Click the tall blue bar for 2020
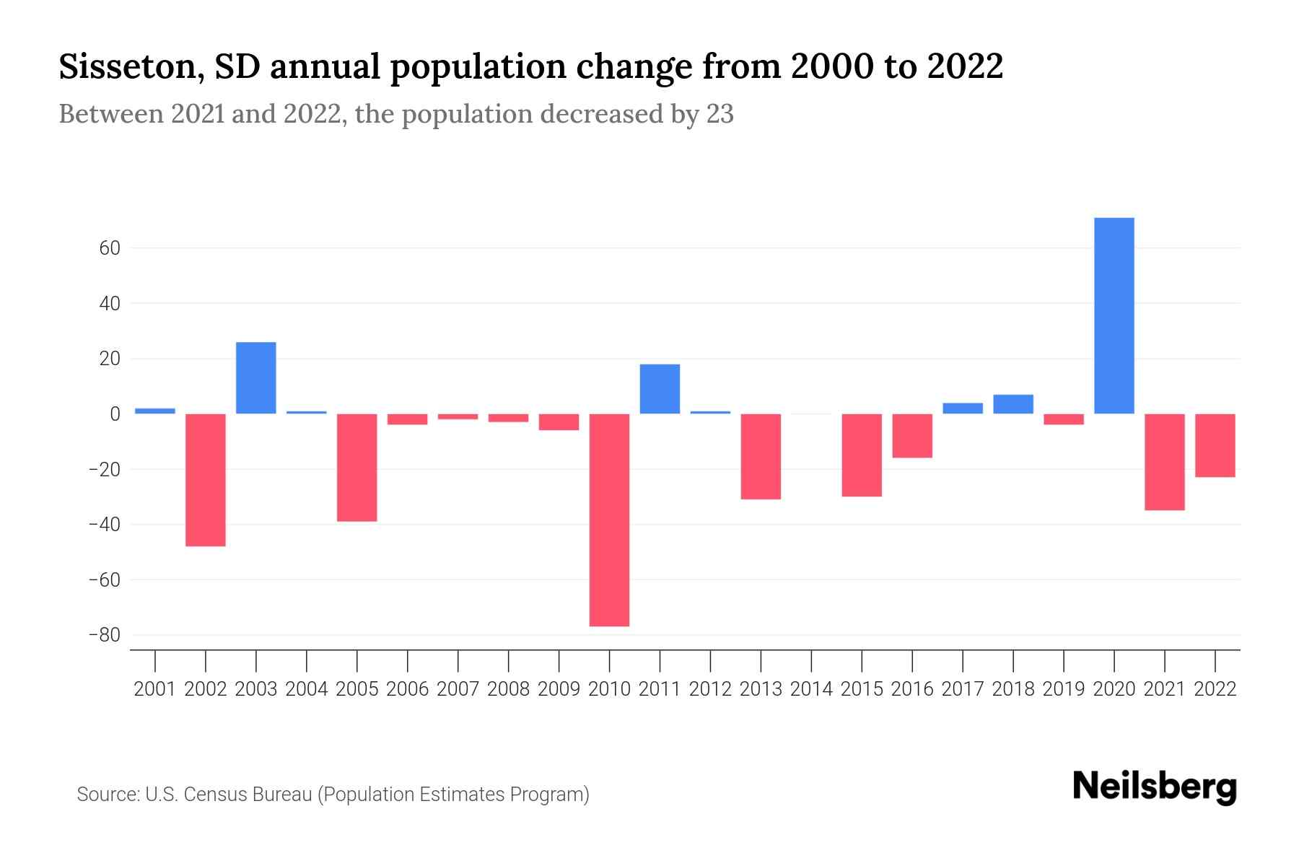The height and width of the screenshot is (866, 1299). (1114, 315)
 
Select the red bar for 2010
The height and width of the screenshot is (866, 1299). (609, 520)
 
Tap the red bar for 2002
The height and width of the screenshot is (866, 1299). (206, 480)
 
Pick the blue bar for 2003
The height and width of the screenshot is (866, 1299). (256, 377)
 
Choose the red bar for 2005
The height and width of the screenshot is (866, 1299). (357, 467)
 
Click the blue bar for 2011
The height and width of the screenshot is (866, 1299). (660, 389)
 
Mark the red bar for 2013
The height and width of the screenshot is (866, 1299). (761, 456)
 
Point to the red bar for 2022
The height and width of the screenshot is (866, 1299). (1215, 445)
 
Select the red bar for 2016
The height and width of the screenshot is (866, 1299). (912, 436)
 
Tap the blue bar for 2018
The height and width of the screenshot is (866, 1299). (1012, 404)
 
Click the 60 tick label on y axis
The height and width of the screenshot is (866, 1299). (105, 248)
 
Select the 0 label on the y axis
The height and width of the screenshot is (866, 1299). (115, 414)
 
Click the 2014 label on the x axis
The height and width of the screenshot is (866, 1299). (811, 689)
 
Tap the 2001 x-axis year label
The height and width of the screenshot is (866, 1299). (155, 689)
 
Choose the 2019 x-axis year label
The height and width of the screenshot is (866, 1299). (1063, 689)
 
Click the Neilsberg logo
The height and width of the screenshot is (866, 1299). (1155, 787)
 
